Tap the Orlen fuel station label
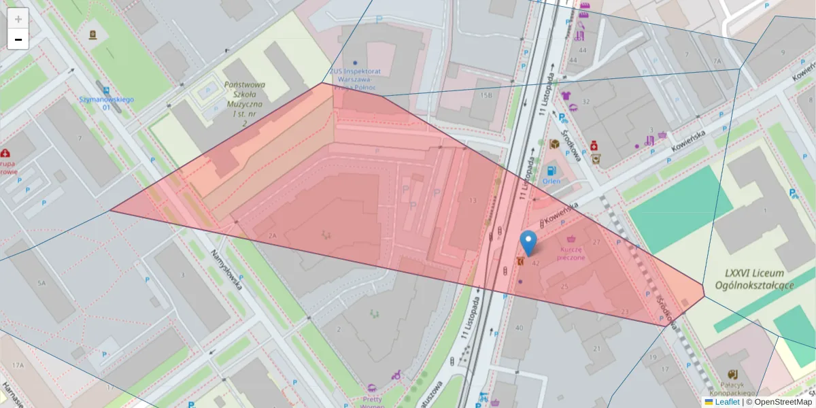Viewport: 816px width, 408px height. pos(551,182)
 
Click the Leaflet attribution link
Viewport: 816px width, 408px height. pos(727,402)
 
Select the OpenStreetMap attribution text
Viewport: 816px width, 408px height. pos(779,402)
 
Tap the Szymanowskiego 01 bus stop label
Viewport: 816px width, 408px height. pos(107,103)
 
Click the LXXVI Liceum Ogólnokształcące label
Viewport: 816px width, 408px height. pos(759,279)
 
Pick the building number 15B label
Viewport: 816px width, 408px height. pos(486,95)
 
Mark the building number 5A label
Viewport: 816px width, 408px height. pos(41,282)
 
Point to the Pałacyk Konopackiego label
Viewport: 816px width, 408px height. pos(733,388)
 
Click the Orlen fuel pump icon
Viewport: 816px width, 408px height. pos(551,170)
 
